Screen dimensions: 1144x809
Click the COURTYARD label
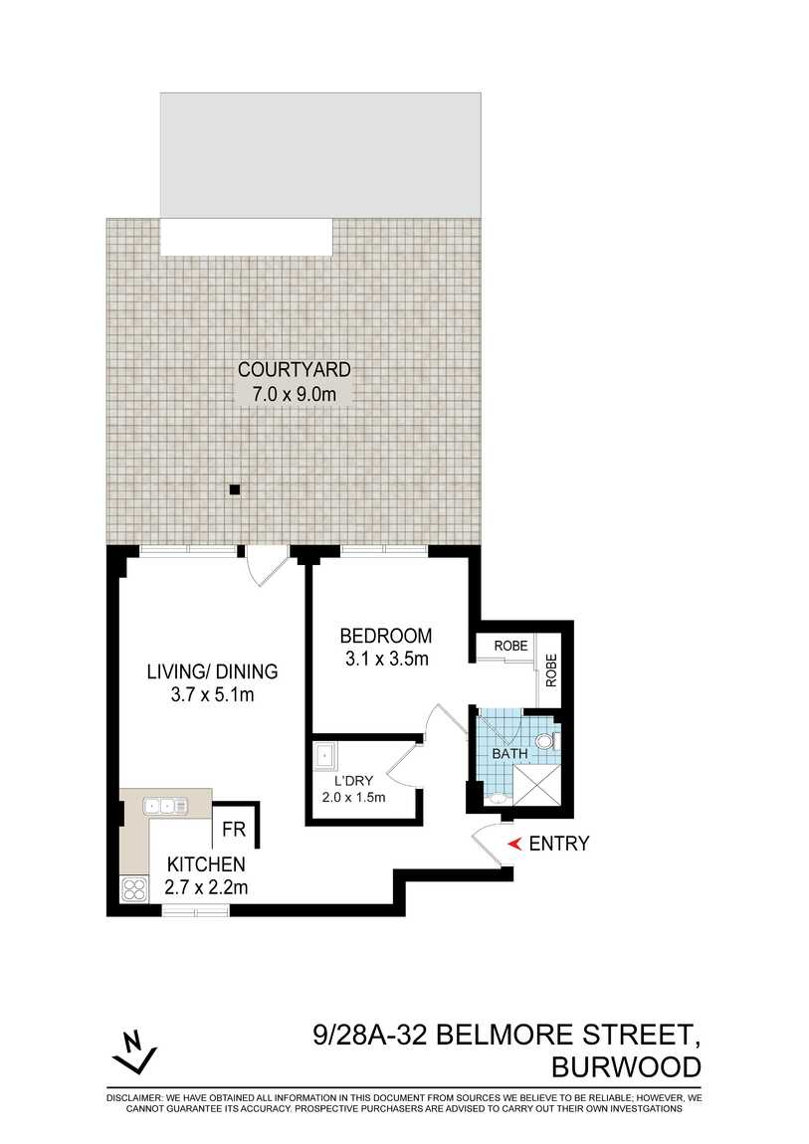[294, 370]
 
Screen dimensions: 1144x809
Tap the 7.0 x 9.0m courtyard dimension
[294, 394]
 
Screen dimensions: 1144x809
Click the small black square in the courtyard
[235, 489]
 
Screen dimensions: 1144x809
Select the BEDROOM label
[386, 636]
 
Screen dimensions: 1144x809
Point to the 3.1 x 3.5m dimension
[386, 659]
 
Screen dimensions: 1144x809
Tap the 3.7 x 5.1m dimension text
[212, 694]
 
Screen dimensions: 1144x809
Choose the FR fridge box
[235, 828]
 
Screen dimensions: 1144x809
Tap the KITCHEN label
[206, 863]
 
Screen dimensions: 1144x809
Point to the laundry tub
[324, 757]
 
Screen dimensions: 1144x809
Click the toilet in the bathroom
[543, 741]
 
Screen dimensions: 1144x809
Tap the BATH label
[510, 754]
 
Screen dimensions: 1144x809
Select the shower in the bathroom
[539, 786]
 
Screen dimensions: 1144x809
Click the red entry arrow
[514, 845]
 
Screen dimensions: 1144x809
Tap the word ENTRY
[559, 845]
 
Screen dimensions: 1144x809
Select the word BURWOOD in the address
[626, 1067]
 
